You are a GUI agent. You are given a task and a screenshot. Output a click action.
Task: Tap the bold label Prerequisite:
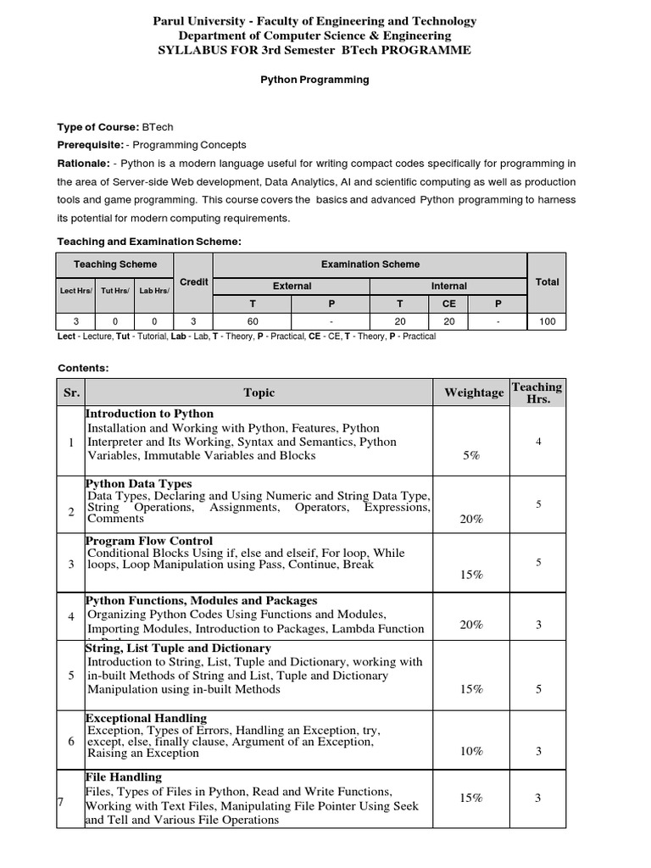90,145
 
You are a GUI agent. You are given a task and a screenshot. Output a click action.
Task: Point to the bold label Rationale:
83,163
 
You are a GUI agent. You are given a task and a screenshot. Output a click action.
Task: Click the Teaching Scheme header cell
114,264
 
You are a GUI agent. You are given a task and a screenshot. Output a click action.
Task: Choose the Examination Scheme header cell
370,264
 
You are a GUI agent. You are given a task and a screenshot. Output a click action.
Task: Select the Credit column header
194,281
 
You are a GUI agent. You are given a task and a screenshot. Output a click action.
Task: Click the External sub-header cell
292,287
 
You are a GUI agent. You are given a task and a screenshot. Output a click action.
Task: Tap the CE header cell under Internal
448,303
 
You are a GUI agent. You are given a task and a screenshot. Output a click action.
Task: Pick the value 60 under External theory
253,321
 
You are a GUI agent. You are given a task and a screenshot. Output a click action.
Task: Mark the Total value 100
547,321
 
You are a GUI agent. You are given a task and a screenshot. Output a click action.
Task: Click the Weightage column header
473,392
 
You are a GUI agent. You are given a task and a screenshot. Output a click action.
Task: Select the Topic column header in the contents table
259,392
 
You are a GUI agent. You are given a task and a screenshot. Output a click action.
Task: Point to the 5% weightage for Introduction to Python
471,455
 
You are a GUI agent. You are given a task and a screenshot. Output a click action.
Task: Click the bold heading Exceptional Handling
146,718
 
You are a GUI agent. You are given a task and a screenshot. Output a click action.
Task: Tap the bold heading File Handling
124,776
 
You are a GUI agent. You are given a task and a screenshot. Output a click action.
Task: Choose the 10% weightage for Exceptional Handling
471,751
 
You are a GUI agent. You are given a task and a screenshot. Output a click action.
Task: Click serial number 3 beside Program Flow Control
71,565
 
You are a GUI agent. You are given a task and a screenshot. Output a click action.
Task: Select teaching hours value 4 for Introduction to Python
538,442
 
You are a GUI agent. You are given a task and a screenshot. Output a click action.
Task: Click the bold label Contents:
83,368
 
